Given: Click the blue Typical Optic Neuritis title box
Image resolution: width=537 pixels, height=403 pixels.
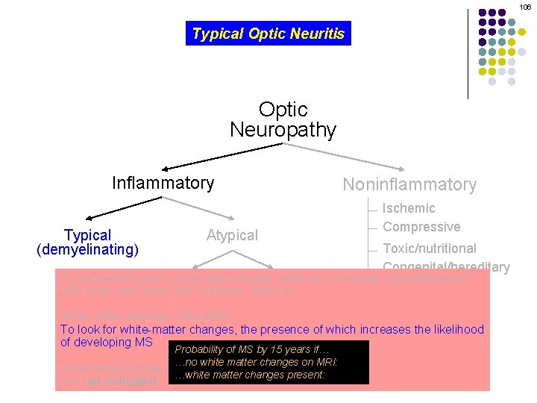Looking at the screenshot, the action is (268, 34).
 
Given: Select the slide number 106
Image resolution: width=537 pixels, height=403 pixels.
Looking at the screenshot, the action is (526, 7).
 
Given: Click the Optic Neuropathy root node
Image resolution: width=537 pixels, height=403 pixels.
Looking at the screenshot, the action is (283, 119).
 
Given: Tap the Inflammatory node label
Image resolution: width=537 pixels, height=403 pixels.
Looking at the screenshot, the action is (163, 183).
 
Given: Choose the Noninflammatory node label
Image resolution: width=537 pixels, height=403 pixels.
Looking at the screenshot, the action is (409, 184).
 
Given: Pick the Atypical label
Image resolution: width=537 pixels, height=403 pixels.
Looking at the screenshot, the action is (232, 235).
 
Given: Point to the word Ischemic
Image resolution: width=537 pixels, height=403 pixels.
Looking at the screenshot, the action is (409, 208).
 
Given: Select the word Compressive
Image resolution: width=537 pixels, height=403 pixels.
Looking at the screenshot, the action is (421, 227).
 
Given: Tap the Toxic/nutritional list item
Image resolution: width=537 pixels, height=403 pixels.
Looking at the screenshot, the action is (429, 248).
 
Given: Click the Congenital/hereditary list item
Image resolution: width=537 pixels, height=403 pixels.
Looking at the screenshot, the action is (446, 266).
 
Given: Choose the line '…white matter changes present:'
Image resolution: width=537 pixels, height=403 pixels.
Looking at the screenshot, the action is (249, 375).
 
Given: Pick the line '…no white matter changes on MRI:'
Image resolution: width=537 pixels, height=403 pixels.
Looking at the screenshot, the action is (256, 362).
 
